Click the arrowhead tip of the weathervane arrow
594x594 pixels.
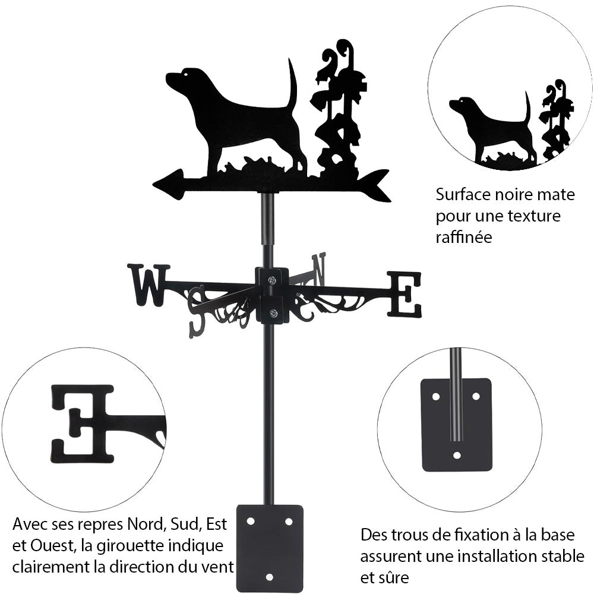coord(153,185)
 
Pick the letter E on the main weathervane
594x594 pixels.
coord(404,294)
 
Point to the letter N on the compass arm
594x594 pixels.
coord(318,269)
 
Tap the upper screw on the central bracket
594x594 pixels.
coord(272,280)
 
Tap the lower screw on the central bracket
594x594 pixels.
coord(272,313)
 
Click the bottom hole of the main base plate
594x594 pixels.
coord(269,577)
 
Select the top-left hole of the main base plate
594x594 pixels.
coord(251,522)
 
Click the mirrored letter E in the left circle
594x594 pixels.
coord(83,424)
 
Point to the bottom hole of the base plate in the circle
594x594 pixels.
coord(457,455)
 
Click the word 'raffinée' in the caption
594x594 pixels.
coord(464,238)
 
